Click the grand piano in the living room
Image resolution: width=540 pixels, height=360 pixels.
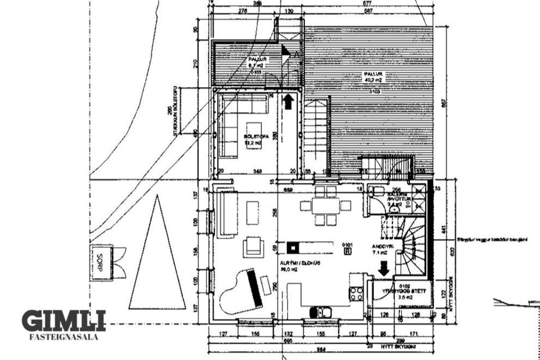coord(242,290)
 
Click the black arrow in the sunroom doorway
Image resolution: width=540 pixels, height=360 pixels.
coord(287,101)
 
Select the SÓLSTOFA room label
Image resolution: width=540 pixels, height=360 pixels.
coord(253,138)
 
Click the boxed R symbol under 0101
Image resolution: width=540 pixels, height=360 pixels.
coord(348,251)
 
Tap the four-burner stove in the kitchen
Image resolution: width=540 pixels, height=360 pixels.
coord(356,293)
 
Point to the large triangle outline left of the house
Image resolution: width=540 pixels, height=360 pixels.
coord(157,261)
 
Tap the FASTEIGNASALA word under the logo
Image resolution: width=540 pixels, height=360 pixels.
coord(63,336)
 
